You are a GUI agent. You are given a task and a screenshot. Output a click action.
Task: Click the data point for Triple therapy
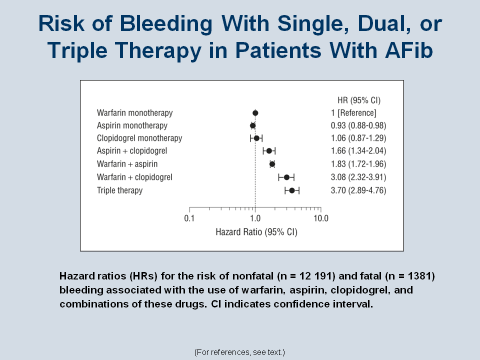(292, 190)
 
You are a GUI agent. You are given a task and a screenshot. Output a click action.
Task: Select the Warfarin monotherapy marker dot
(255, 113)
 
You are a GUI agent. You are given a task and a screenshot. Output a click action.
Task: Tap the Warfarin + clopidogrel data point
(287, 177)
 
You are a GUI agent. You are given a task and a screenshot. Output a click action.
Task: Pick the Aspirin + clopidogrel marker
(269, 150)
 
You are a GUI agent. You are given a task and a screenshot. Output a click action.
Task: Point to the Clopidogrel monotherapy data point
(257, 138)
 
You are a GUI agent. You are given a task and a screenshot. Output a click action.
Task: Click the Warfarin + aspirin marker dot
(272, 164)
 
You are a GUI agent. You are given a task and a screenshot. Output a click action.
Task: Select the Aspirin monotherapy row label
(132, 125)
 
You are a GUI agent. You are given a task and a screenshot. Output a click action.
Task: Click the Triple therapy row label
(119, 190)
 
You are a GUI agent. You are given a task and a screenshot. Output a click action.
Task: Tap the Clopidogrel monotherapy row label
(139, 138)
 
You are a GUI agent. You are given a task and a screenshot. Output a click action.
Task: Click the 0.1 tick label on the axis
(189, 218)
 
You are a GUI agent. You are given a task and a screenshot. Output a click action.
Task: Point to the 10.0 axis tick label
(321, 218)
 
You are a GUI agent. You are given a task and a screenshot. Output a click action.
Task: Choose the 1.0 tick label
(255, 218)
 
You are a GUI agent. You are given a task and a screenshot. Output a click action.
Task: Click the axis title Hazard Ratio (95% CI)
(256, 232)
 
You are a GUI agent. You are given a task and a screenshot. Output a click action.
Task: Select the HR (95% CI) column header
(359, 100)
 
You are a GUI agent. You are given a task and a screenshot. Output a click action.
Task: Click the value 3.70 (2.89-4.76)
(358, 190)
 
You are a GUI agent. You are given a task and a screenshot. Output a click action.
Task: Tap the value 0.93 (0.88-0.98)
(358, 125)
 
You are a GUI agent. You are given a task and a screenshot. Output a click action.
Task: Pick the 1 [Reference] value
(353, 113)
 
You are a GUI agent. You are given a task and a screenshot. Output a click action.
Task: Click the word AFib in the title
(409, 50)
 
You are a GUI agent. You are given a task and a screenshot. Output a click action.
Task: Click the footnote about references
(239, 352)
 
